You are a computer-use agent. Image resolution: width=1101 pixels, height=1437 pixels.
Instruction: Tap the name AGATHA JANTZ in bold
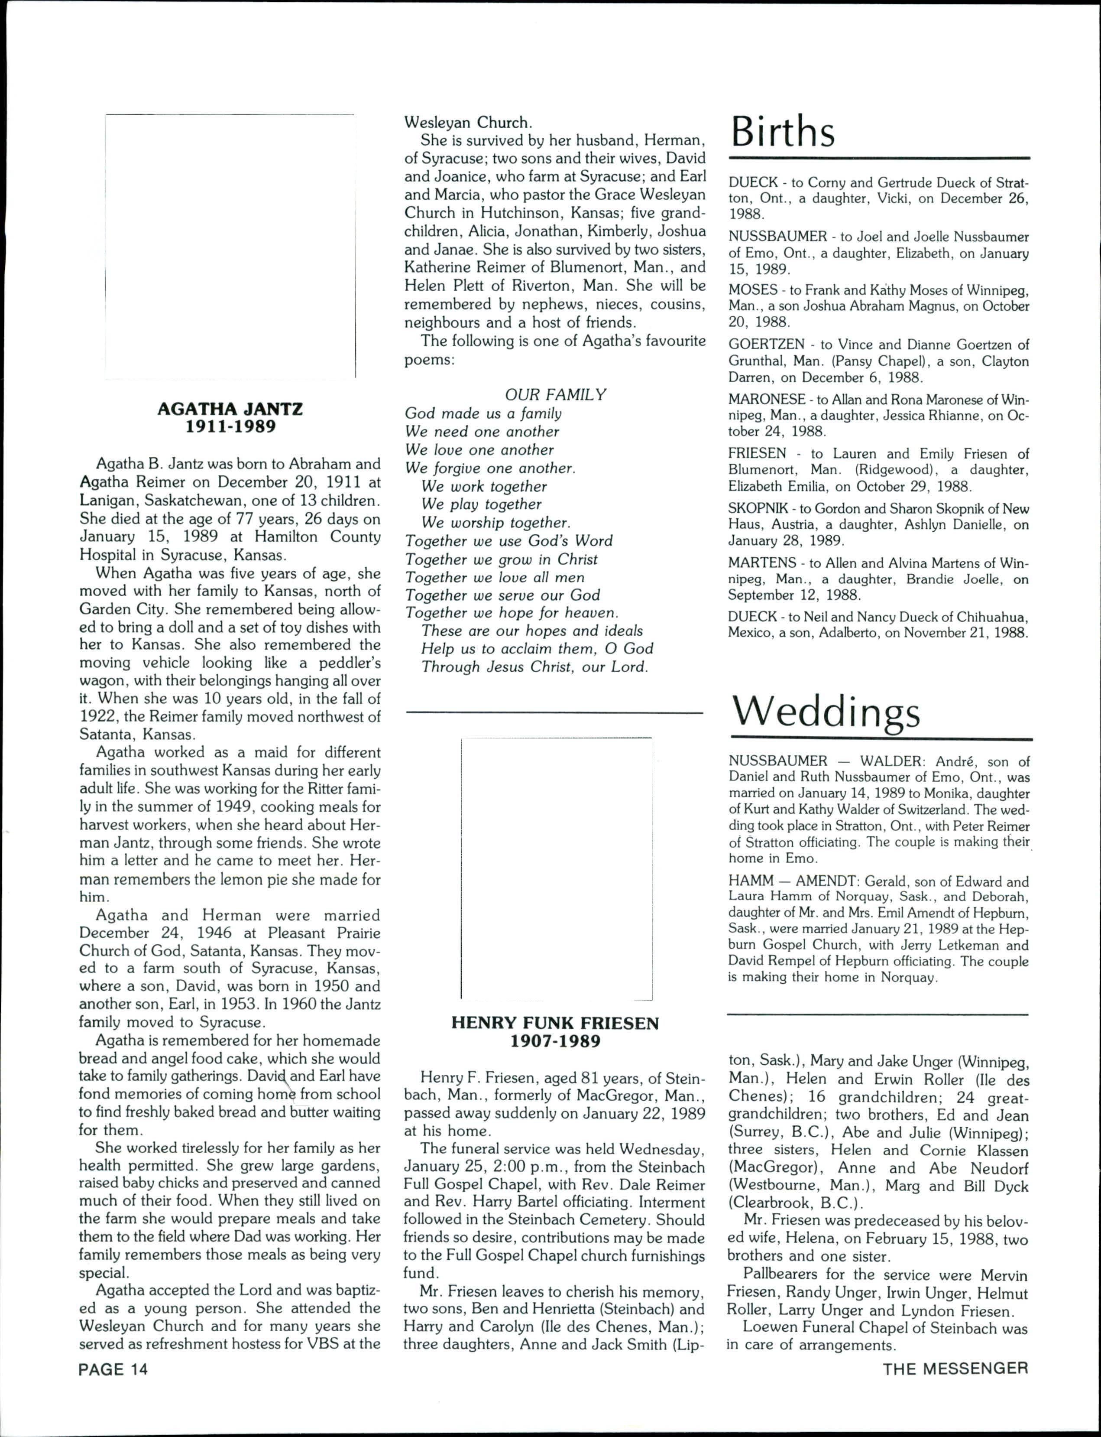tap(230, 409)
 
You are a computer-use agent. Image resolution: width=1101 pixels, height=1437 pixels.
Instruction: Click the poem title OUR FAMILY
tap(555, 395)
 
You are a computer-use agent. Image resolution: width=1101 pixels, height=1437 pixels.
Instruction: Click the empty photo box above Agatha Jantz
tap(230, 246)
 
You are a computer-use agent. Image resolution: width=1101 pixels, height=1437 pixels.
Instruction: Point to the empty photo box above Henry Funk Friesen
tap(557, 868)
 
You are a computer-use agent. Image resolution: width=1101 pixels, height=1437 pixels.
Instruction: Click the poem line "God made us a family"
tap(483, 414)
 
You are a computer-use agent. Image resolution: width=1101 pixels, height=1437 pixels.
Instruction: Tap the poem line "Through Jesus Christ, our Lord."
tap(534, 667)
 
